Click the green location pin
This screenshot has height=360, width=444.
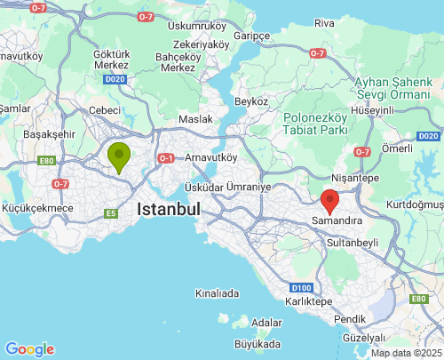[118, 156]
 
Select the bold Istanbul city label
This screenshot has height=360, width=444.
[168, 210]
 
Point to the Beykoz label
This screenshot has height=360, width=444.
[252, 101]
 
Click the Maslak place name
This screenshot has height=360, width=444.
[195, 118]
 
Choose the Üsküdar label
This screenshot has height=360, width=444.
[202, 188]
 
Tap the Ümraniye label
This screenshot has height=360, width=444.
[247, 188]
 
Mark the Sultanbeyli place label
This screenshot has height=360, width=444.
[353, 242]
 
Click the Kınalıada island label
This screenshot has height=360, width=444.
[218, 292]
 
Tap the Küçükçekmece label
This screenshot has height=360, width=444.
[37, 208]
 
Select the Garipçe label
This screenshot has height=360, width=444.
[251, 36]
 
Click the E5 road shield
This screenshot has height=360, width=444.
[111, 213]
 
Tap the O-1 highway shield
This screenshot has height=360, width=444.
[166, 158]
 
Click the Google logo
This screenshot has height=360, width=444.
[29, 349]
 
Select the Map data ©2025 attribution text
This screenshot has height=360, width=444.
[405, 353]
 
